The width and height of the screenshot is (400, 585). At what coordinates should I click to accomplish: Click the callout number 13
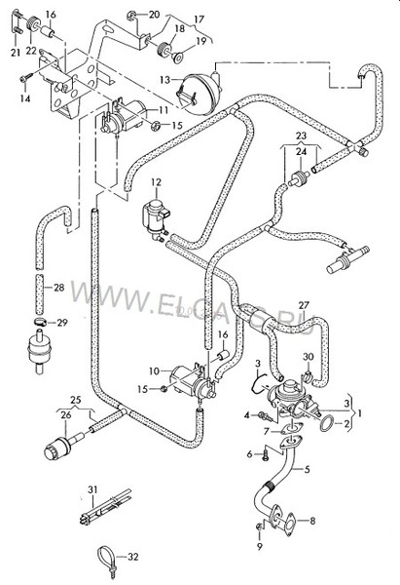click(166, 79)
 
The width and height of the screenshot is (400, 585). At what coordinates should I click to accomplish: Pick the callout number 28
click(59, 288)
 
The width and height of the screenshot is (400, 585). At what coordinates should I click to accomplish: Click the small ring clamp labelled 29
click(39, 323)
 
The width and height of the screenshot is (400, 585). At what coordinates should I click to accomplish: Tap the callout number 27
click(304, 306)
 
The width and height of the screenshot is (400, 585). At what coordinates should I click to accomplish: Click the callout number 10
click(153, 370)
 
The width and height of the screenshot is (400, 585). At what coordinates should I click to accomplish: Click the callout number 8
click(312, 523)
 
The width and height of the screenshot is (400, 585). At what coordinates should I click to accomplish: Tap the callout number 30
click(309, 357)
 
